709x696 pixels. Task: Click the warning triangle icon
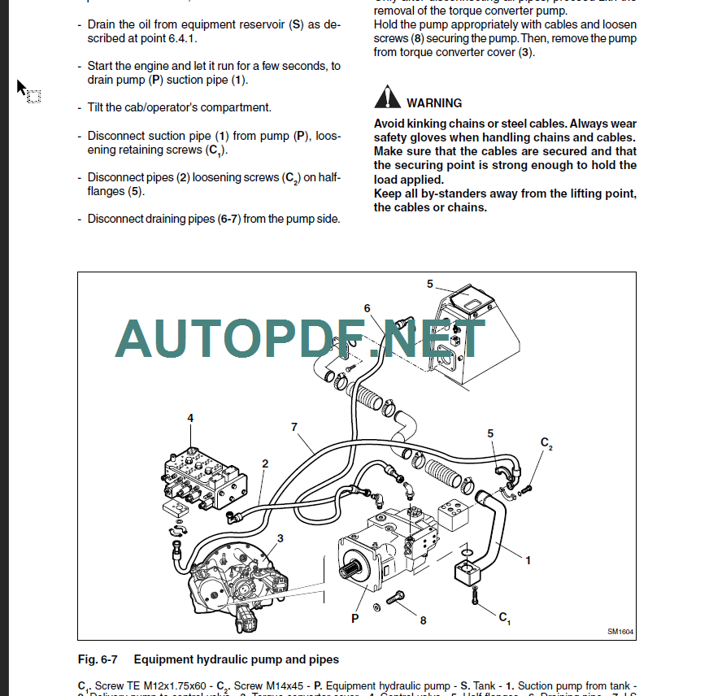pyautogui.click(x=387, y=99)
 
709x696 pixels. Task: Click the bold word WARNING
pyautogui.click(x=434, y=103)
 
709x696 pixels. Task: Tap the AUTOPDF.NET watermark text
pyautogui.click(x=301, y=339)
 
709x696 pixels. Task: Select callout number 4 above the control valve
pyautogui.click(x=190, y=419)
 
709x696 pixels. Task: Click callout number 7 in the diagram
pyautogui.click(x=294, y=427)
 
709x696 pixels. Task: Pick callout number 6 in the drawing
pyautogui.click(x=368, y=308)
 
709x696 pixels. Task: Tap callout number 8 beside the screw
pyautogui.click(x=423, y=620)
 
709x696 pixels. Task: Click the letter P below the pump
pyautogui.click(x=355, y=619)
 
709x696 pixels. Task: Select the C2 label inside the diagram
pyautogui.click(x=546, y=443)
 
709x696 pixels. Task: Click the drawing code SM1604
pyautogui.click(x=620, y=632)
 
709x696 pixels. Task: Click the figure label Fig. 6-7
pyautogui.click(x=98, y=659)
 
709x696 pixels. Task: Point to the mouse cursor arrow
pyautogui.click(x=22, y=87)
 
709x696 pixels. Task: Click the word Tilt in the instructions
pyautogui.click(x=96, y=107)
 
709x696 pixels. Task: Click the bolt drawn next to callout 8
pyautogui.click(x=396, y=600)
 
